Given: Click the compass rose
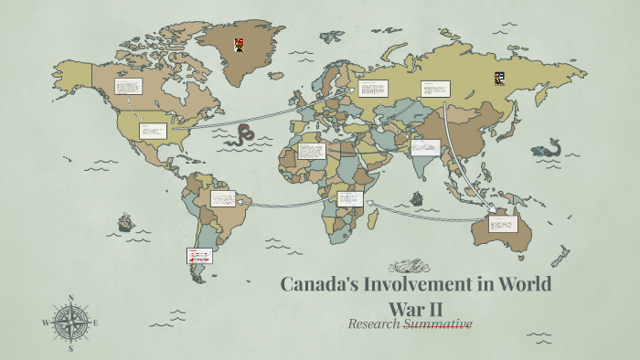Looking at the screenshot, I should coord(70,322).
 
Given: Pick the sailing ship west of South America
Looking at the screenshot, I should coord(125,222).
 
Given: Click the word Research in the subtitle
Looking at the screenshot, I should coord(375,323).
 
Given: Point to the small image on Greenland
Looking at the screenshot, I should coord(239,43).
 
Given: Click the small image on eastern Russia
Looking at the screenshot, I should coord(499,79).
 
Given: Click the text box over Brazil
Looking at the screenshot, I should coord(223,197).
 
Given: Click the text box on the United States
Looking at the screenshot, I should coord(152,131).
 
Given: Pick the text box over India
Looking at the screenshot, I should coord(426,147).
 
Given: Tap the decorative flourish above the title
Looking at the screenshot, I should coord(409,267).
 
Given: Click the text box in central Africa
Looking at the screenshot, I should coord(349,198).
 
